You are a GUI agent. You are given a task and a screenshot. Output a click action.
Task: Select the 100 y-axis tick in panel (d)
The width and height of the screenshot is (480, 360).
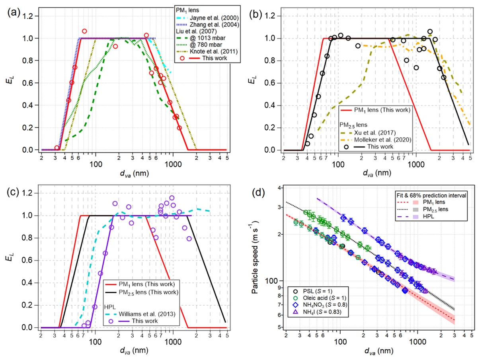point(275,281)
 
